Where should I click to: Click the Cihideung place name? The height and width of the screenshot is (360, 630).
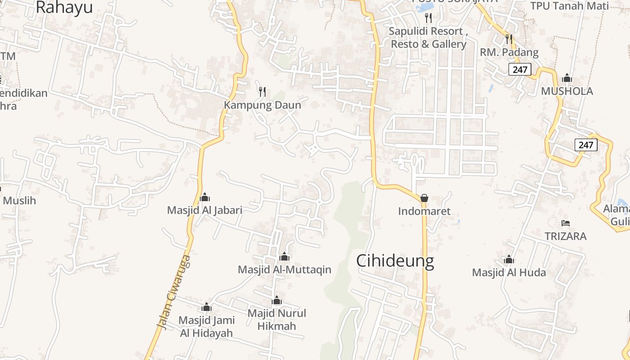click(x=395, y=261)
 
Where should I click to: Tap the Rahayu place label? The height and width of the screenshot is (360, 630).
click(x=64, y=7)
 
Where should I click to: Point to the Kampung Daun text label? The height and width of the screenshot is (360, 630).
click(x=263, y=105)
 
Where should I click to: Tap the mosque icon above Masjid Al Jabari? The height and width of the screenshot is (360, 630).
click(x=205, y=197)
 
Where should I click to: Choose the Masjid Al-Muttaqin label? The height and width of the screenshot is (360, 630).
click(x=284, y=270)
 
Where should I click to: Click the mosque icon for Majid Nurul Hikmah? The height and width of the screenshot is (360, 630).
click(x=277, y=300)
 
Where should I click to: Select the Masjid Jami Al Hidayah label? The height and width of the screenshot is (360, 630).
click(x=207, y=326)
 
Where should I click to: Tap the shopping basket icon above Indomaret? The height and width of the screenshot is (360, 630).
click(x=424, y=198)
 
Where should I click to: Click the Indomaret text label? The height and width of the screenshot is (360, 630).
click(x=424, y=211)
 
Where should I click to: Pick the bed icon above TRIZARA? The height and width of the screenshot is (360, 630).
click(x=566, y=223)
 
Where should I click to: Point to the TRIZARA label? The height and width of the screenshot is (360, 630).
click(x=566, y=236)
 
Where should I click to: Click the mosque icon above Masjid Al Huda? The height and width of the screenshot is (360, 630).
click(x=509, y=260)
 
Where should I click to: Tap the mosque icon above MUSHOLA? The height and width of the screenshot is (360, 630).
click(x=567, y=78)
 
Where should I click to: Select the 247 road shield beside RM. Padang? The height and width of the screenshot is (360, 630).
click(x=520, y=69)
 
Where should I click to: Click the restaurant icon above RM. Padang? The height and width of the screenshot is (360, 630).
click(x=509, y=39)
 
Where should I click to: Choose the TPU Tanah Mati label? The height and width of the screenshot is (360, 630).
click(x=569, y=6)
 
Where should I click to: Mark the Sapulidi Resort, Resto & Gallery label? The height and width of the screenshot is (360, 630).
click(x=428, y=38)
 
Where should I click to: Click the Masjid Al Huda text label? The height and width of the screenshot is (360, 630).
click(x=509, y=273)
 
